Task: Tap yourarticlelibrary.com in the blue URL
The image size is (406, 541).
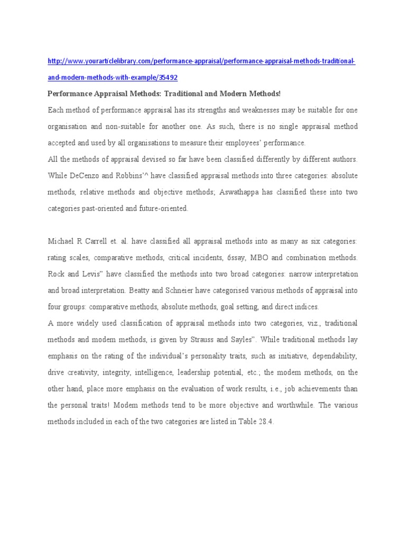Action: pyautogui.click(x=99, y=62)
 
